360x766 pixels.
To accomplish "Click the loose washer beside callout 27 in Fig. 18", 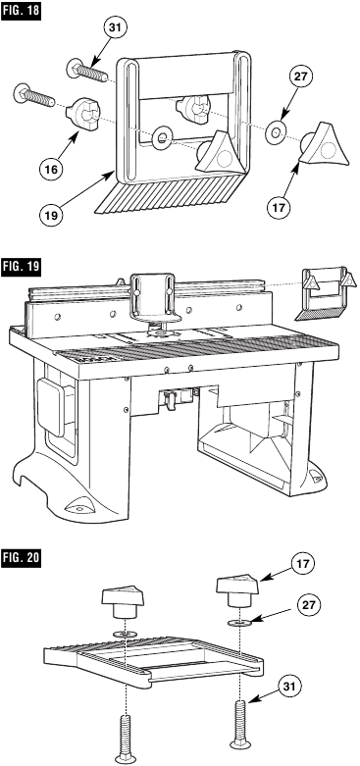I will click(277, 129).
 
